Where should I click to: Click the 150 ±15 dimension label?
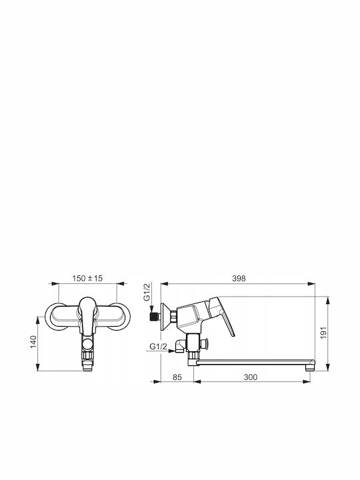point(87,278)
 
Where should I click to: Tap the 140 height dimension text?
point(33,341)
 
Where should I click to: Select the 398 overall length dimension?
point(239,278)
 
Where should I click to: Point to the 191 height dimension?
point(323,333)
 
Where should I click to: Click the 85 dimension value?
point(177,377)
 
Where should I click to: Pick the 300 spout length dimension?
point(251,377)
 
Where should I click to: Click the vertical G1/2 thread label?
point(147,292)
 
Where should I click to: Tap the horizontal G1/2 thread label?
point(159,347)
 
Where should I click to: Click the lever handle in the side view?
point(223,315)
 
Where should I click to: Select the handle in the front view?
point(88,315)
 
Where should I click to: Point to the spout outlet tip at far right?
point(311,365)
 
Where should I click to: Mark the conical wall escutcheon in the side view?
point(165,317)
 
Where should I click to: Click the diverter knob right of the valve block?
point(205,344)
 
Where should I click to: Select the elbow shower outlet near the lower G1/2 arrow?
point(180,346)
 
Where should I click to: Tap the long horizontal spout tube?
point(254,362)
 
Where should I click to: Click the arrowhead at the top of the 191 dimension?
point(328,300)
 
